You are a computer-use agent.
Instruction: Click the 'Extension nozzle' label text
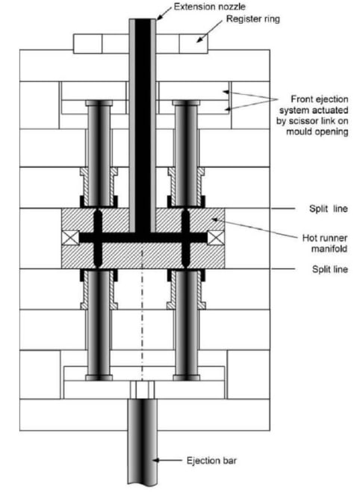pyautogui.click(x=210, y=7)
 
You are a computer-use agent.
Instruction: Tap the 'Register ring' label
pyautogui.click(x=253, y=19)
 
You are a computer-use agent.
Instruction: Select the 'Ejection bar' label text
pyautogui.click(x=211, y=461)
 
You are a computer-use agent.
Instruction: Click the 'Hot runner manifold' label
pyautogui.click(x=325, y=243)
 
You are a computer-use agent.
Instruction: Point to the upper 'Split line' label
pyautogui.click(x=329, y=208)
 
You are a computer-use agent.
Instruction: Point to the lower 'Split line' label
pyautogui.click(x=330, y=270)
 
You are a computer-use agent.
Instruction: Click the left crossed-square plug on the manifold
pyautogui.click(x=71, y=237)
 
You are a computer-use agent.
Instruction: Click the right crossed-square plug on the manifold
pyautogui.click(x=216, y=237)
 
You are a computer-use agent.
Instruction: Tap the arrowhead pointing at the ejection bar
pyautogui.click(x=155, y=461)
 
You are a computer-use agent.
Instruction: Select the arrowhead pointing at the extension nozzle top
pyautogui.click(x=159, y=17)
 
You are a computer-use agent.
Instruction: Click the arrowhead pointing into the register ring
pyautogui.click(x=200, y=40)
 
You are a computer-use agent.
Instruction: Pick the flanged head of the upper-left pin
pyautogui.click(x=99, y=103)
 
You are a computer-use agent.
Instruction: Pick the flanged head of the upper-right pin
pyautogui.click(x=186, y=103)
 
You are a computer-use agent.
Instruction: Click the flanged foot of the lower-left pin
pyautogui.click(x=99, y=378)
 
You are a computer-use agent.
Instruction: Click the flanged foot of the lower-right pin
pyautogui.click(x=187, y=378)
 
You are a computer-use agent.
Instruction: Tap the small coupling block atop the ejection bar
pyautogui.click(x=143, y=390)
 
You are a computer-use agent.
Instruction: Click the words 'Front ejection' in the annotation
pyautogui.click(x=320, y=99)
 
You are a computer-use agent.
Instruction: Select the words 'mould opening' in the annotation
pyautogui.click(x=317, y=131)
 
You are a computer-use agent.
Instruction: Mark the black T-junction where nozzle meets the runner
pyautogui.click(x=143, y=237)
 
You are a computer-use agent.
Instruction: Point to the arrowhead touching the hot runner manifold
pyautogui.click(x=215, y=219)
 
